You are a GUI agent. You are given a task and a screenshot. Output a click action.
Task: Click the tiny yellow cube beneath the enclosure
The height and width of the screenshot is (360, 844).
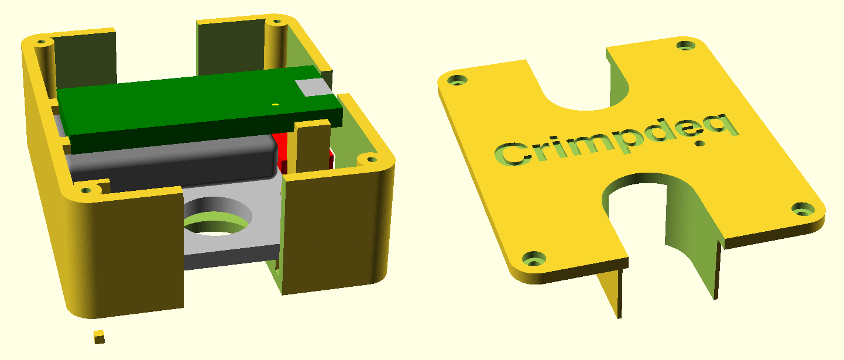pyautogui.click(x=99, y=337)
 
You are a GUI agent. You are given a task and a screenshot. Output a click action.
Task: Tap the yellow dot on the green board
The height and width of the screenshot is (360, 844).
pyautogui.click(x=275, y=104)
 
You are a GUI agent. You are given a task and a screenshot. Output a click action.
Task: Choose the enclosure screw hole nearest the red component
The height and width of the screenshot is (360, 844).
pyautogui.click(x=369, y=159)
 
